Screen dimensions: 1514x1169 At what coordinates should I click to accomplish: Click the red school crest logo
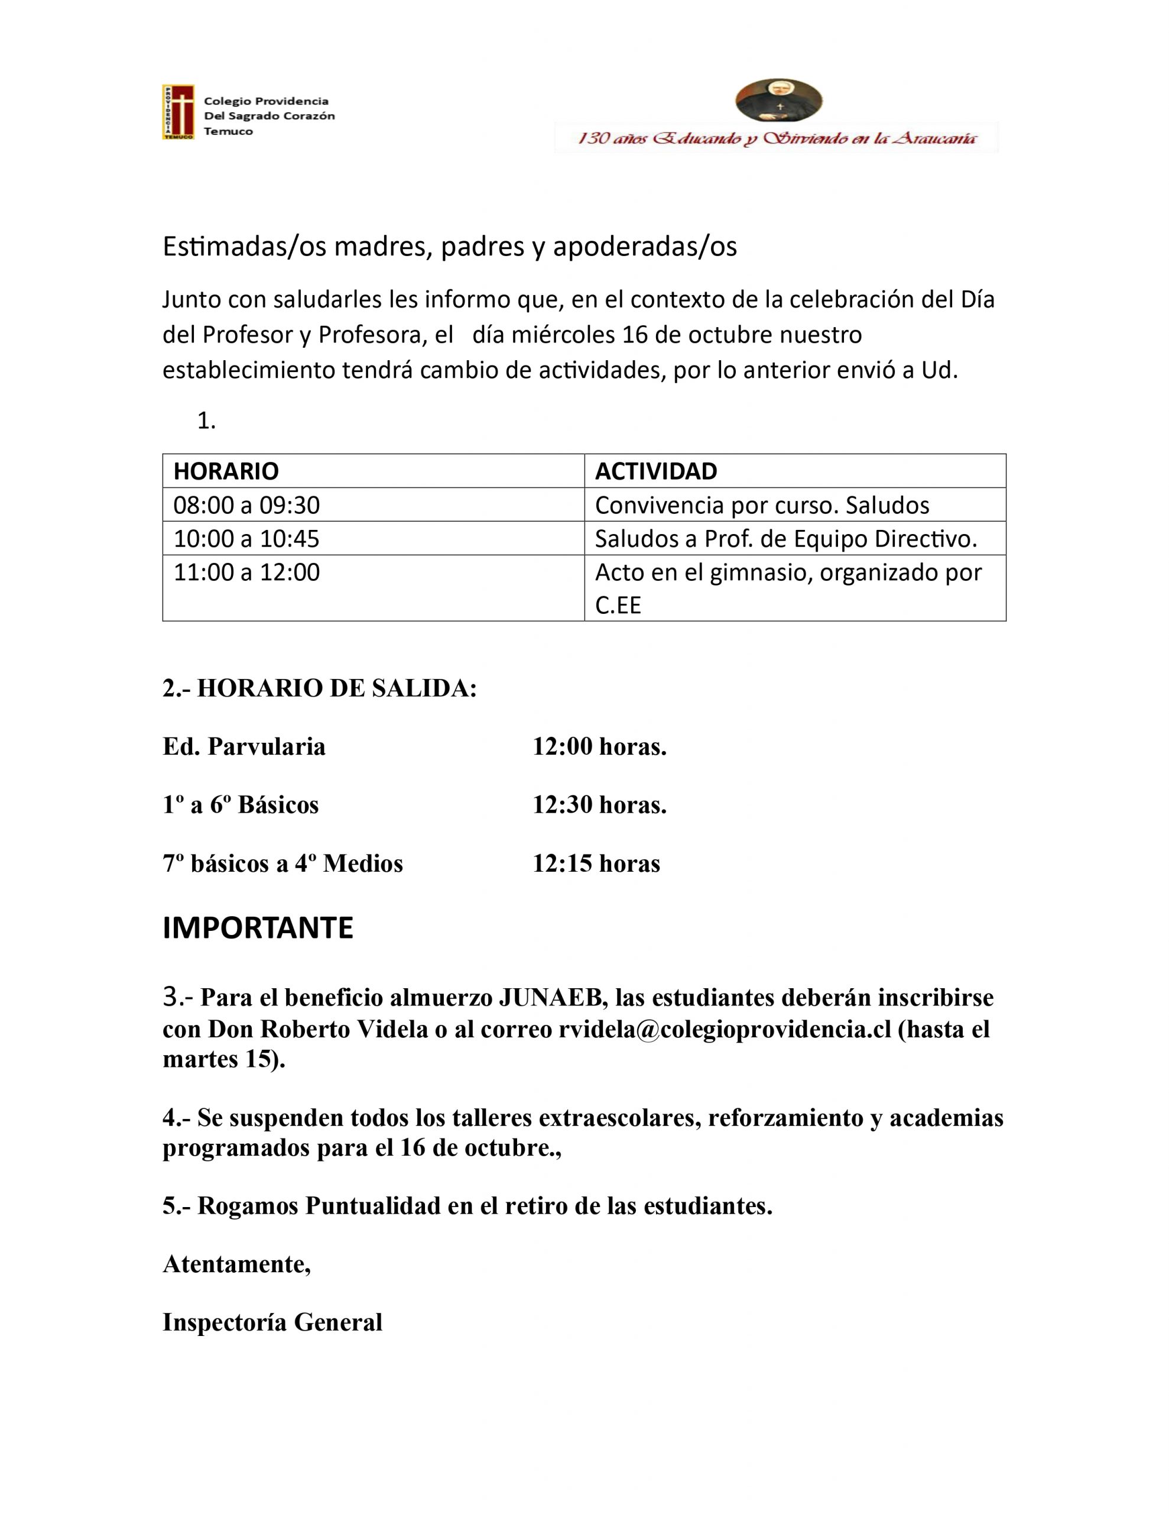[x=178, y=112]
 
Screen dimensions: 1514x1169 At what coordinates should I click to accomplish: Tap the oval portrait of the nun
[x=778, y=101]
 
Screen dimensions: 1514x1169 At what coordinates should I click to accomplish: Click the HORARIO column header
[x=226, y=471]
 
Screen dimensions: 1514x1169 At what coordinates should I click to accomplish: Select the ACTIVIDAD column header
[x=655, y=471]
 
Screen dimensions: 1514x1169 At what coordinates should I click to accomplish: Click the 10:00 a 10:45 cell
[x=246, y=539]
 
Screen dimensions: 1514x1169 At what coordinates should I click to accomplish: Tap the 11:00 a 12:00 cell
[x=246, y=572]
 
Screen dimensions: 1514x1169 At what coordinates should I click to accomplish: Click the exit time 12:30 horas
[x=599, y=805]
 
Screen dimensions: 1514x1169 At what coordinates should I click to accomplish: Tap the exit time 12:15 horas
[x=596, y=864]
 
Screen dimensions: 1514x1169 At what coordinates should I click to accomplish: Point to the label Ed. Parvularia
[x=244, y=746]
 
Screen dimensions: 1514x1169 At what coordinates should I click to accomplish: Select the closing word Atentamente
[x=236, y=1264]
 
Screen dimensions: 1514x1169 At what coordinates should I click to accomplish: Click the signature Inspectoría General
[x=272, y=1322]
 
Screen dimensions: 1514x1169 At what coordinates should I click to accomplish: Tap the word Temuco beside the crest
[x=228, y=132]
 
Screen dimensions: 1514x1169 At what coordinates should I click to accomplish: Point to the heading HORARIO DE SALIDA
[x=337, y=688]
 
